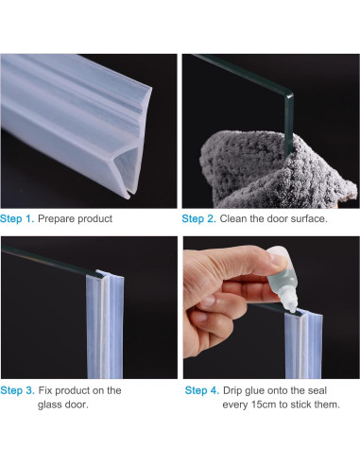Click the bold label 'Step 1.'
point(18,219)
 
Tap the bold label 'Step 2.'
point(199,219)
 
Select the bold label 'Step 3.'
point(18,390)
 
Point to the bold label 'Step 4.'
point(201,390)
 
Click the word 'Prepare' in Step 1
point(60,219)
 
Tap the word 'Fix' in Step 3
point(46,390)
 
